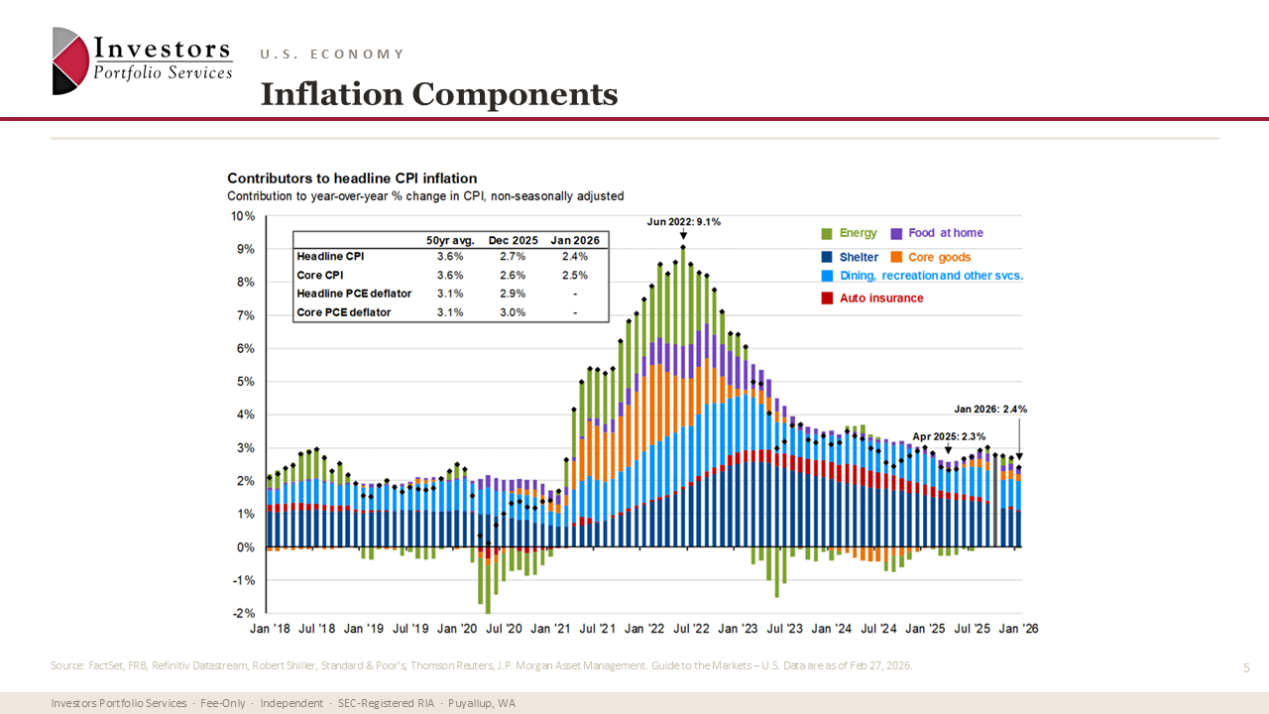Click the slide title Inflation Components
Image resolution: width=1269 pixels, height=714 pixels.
coord(438,94)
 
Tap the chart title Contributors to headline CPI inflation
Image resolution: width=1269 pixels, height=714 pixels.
coord(352,178)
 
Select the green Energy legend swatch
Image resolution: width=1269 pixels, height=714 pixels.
coord(826,233)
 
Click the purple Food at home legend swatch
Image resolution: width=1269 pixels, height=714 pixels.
coord(895,233)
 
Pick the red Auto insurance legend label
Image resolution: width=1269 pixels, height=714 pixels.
coord(881,297)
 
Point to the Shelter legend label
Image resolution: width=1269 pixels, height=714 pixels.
coord(859,257)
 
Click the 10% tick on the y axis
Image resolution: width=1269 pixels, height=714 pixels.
coord(243,216)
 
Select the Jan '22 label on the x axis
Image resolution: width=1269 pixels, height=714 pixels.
coord(648,629)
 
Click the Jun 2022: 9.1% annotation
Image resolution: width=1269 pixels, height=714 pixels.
coord(683,222)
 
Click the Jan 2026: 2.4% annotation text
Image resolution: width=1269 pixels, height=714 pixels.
coord(990,409)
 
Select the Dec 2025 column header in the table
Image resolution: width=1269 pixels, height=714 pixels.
coord(513,240)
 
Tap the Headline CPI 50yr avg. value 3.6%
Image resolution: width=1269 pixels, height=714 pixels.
coord(450,257)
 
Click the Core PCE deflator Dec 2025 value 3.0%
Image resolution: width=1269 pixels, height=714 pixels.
coord(513,312)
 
